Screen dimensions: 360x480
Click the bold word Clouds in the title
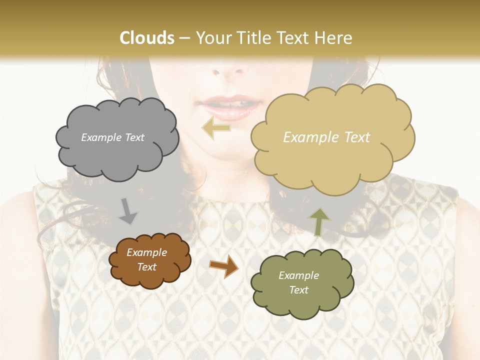click(x=147, y=38)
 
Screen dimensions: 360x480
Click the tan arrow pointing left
click(x=216, y=128)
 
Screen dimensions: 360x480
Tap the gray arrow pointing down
click(x=128, y=211)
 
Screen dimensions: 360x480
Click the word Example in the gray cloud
click(x=100, y=137)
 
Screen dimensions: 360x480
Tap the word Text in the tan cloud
click(x=354, y=137)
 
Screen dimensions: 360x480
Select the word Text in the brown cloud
click(x=147, y=267)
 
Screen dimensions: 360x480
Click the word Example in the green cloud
click(x=298, y=275)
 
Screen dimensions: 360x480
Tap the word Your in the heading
click(x=211, y=38)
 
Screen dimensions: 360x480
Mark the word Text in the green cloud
click(x=298, y=290)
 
